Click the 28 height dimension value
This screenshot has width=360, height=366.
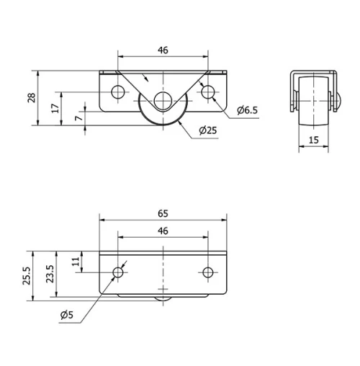(31, 99)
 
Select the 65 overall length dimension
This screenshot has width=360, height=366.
(163, 214)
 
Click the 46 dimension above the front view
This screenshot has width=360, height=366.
(163, 50)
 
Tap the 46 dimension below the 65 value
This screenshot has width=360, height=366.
(163, 231)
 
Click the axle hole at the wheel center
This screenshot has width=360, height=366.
(163, 101)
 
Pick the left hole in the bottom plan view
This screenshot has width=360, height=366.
(118, 272)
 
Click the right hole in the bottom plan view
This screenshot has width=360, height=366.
(208, 272)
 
